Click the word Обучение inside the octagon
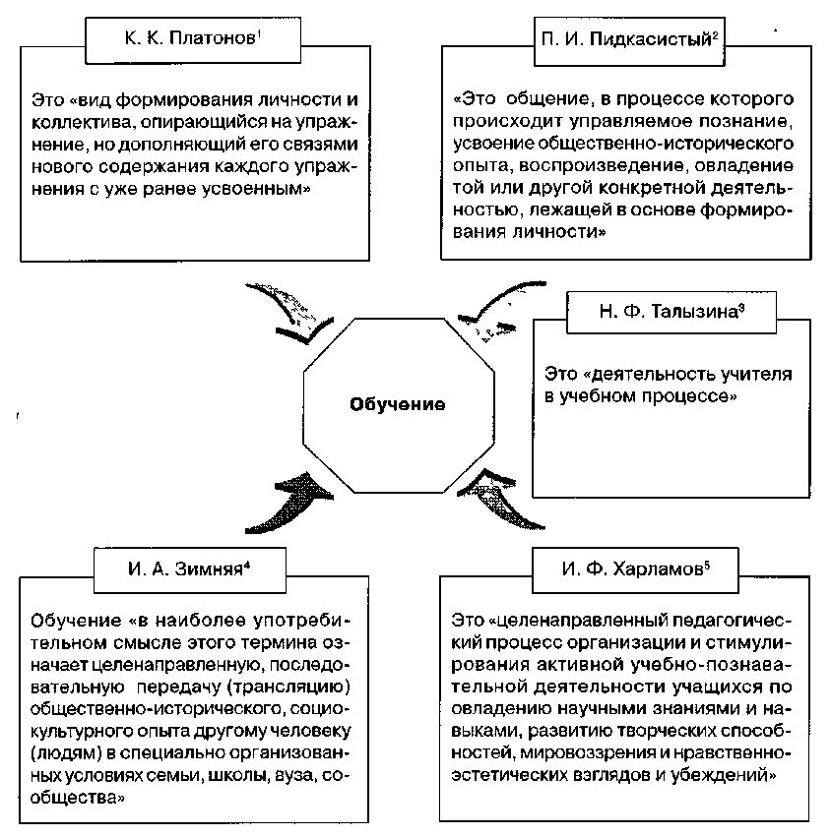[x=399, y=404]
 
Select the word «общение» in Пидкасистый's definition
[x=552, y=100]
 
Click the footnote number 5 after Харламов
[x=708, y=563]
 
